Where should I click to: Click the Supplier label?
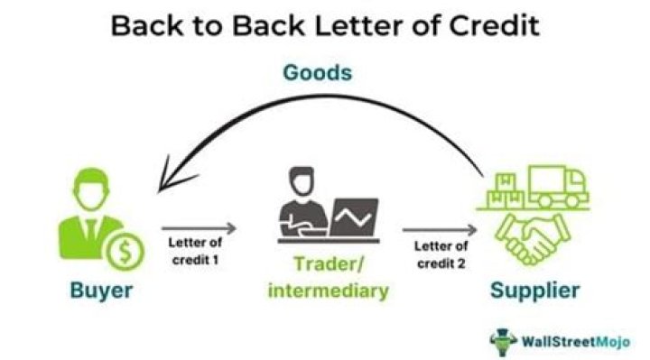pos(535,291)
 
